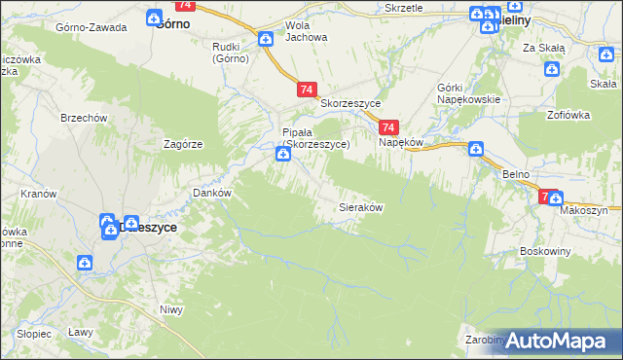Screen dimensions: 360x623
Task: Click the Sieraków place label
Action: tap(359, 208)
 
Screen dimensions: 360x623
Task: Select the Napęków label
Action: tap(399, 142)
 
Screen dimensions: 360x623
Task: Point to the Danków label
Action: tap(212, 193)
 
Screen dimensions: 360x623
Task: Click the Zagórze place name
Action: tap(183, 144)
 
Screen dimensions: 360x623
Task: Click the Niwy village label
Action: tap(171, 310)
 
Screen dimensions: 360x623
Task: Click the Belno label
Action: tap(516, 173)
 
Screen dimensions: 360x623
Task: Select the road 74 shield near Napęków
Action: tap(388, 127)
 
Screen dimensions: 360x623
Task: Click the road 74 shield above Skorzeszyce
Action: tap(307, 90)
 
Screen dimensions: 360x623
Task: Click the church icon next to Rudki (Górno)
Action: tap(266, 39)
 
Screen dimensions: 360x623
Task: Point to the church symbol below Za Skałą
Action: tap(552, 68)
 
